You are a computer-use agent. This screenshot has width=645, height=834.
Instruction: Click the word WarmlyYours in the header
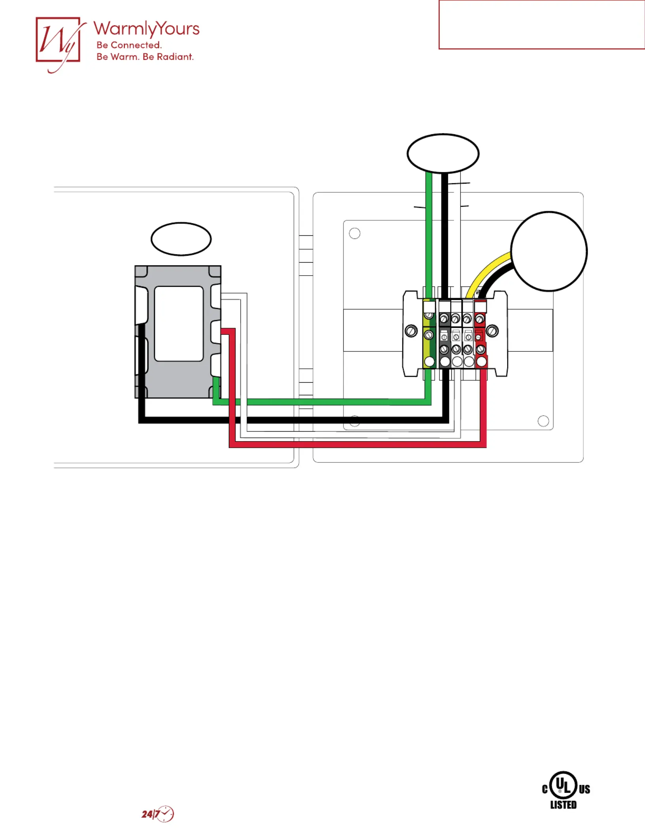tap(146, 29)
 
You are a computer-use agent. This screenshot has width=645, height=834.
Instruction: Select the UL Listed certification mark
tap(566, 790)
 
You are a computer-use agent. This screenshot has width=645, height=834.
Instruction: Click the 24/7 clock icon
tap(158, 814)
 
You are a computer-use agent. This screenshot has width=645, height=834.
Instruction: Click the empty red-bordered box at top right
tap(542, 25)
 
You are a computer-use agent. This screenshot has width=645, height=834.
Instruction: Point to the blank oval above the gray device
tap(181, 239)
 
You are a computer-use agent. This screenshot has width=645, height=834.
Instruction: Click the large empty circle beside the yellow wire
tap(549, 252)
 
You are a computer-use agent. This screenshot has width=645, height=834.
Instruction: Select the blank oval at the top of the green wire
tap(443, 153)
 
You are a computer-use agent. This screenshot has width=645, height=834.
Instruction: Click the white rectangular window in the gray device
tap(179, 324)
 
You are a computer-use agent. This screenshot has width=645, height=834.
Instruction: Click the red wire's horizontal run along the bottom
tap(358, 445)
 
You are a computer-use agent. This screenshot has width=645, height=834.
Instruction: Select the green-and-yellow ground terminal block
tap(429, 334)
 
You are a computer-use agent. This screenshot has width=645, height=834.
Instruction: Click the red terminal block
tap(481, 334)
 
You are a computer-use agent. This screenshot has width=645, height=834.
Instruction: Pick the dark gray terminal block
tap(445, 334)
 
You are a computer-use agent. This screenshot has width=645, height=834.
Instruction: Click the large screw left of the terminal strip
tap(411, 331)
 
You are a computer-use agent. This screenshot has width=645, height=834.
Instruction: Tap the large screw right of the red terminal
tap(492, 331)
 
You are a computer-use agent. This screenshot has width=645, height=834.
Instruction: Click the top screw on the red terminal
tap(480, 319)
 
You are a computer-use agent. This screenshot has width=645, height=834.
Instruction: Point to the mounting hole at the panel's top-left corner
tap(355, 233)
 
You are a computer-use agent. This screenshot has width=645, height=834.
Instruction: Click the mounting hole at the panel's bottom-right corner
tap(543, 421)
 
